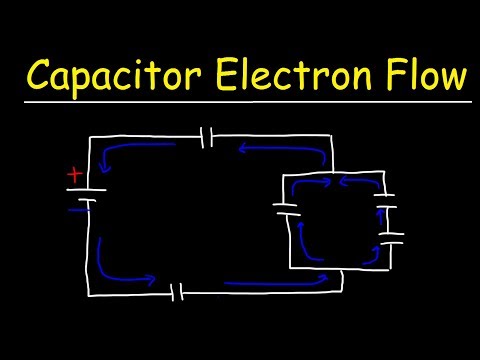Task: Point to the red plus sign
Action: pyautogui.click(x=74, y=175)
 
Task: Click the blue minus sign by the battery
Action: pyautogui.click(x=74, y=210)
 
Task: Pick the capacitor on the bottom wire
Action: pyautogui.click(x=178, y=293)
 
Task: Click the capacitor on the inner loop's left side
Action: pyautogui.click(x=287, y=211)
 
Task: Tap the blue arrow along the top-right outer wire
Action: pyautogui.click(x=285, y=149)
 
